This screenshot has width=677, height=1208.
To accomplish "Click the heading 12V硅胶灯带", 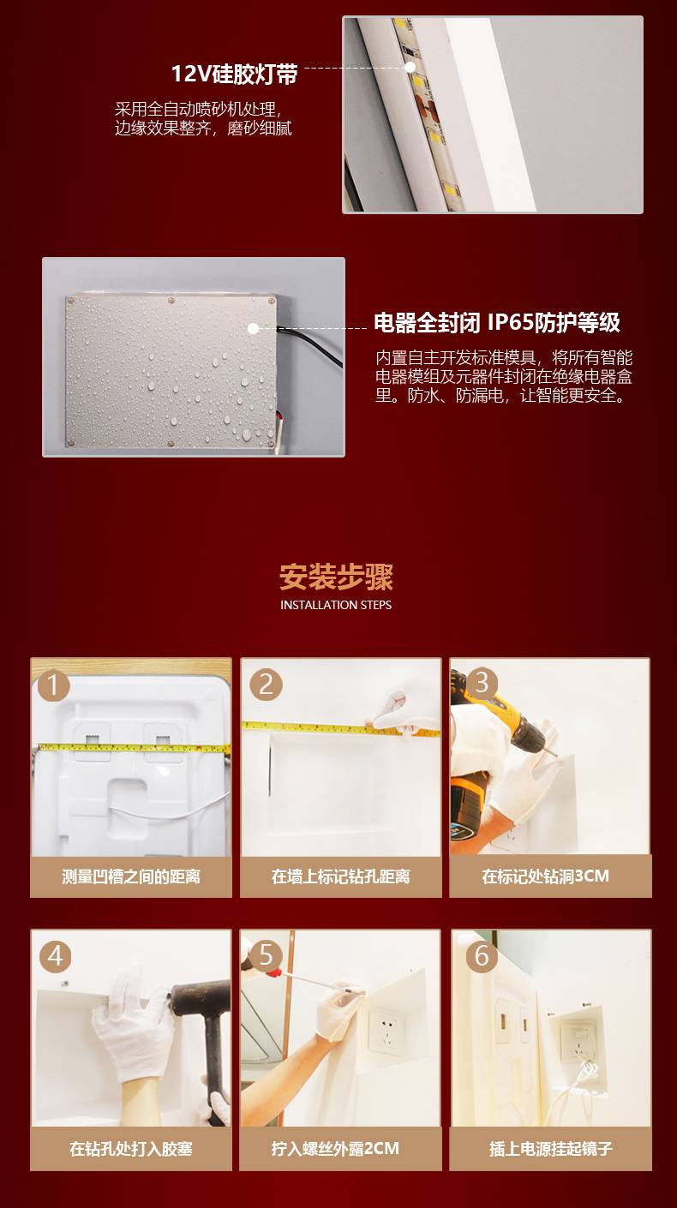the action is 234,74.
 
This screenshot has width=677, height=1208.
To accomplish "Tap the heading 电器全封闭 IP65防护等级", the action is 497,322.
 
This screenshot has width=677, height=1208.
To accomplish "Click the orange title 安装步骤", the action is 336,577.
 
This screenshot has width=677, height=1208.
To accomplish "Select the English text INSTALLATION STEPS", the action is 336,605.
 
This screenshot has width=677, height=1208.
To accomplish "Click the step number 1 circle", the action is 53,686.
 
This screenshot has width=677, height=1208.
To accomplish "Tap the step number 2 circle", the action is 266,685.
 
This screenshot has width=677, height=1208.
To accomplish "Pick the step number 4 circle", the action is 56,957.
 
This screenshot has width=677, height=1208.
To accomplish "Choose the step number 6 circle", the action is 482,957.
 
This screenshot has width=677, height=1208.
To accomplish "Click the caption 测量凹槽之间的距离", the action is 131,877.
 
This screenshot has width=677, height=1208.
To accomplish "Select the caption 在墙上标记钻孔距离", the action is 341,877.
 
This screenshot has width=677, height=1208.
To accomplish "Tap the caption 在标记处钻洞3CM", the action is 545,876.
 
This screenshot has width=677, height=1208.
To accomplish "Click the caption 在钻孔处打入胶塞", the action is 131,1149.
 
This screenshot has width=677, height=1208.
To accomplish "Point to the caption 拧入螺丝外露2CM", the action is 336,1149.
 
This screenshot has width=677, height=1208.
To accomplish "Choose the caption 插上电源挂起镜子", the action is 551,1149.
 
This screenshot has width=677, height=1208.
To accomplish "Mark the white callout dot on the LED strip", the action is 410,67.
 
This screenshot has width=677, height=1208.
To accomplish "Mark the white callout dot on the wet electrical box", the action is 253,328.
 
